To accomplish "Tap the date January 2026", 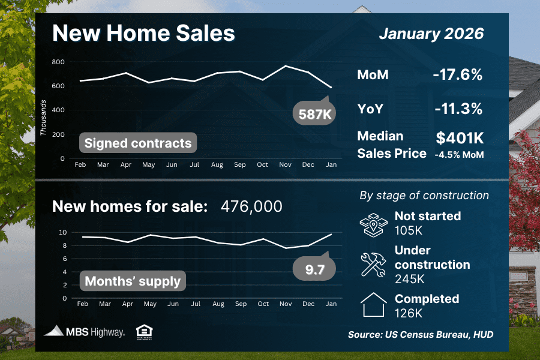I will pyautogui.click(x=431, y=33).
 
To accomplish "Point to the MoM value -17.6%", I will pyautogui.click(x=457, y=75).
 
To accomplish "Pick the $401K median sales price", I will pyautogui.click(x=460, y=139).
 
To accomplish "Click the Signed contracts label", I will pyautogui.click(x=138, y=143).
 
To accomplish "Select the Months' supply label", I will pyautogui.click(x=133, y=281).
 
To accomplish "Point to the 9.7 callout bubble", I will pyautogui.click(x=314, y=270).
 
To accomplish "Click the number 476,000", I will pyautogui.click(x=251, y=206).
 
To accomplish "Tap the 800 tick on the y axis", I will pyautogui.click(x=58, y=62).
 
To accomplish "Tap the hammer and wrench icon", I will pyautogui.click(x=374, y=264).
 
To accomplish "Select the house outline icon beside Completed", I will pyautogui.click(x=374, y=305).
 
